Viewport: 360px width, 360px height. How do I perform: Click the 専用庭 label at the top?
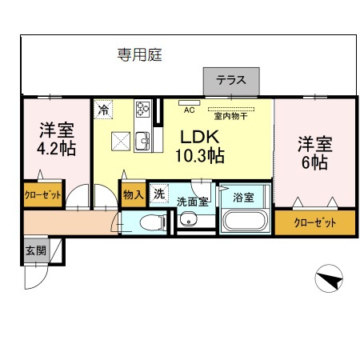pos(141,55)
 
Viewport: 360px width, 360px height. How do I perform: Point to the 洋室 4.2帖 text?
pos(55,137)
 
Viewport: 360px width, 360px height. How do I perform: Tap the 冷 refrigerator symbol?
pos(104,110)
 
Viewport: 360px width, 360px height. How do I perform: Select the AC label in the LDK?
pos(190,110)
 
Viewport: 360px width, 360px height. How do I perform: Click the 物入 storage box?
pos(132,194)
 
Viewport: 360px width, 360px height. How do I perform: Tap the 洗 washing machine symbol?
pos(158,193)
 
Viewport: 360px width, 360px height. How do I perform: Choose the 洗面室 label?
pos(192,201)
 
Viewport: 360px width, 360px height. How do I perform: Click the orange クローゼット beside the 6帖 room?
pos(314,222)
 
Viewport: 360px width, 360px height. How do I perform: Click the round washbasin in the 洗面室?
pos(189,221)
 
